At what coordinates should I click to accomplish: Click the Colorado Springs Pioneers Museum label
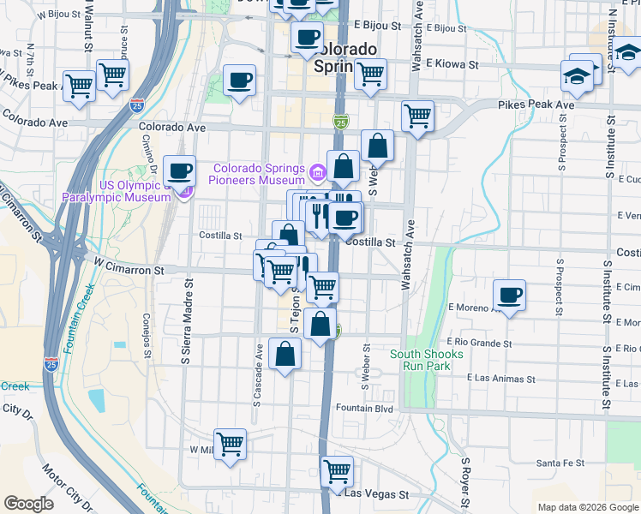[259, 174]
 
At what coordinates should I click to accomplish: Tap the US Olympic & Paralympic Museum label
[117, 191]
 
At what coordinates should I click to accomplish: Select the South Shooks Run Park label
[427, 360]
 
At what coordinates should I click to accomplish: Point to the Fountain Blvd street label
[363, 409]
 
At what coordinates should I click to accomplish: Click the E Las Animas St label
[501, 378]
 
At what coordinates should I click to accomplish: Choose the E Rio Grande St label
[479, 344]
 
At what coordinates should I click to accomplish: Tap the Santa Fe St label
[560, 463]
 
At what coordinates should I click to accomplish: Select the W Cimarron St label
[129, 270]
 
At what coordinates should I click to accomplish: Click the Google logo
[28, 503]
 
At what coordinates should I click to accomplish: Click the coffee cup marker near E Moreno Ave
[509, 296]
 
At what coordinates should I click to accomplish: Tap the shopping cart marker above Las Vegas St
[337, 470]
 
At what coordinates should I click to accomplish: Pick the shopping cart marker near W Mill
[230, 444]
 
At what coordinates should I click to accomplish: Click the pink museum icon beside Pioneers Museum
[318, 175]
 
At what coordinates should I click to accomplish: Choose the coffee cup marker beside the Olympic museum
[179, 170]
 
